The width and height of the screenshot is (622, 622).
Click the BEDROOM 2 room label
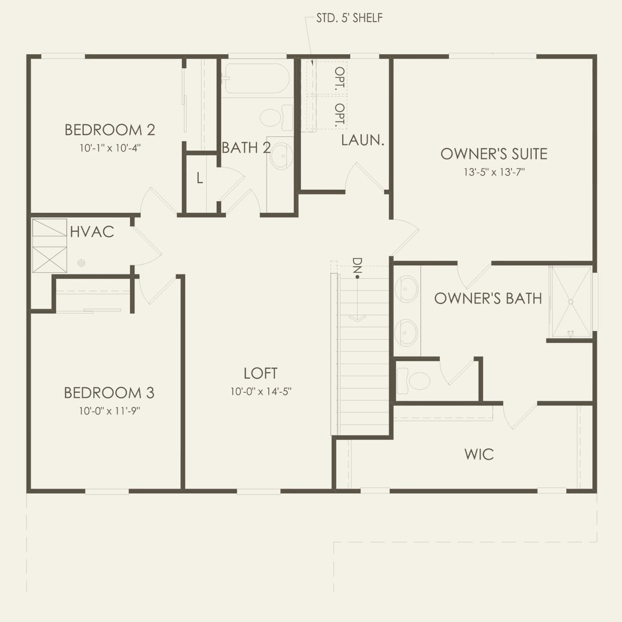pyautogui.click(x=109, y=130)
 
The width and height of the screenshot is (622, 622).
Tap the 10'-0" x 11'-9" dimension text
pyautogui.click(x=109, y=411)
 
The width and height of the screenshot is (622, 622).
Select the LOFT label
pyautogui.click(x=260, y=373)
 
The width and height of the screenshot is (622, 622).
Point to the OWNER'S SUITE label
pyautogui.click(x=494, y=154)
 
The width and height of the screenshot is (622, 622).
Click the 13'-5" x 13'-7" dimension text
pyautogui.click(x=494, y=172)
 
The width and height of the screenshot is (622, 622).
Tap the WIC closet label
pyautogui.click(x=479, y=454)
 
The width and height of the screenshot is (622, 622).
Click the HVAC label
pyautogui.click(x=92, y=232)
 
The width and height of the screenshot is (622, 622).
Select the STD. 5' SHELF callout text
pyautogui.click(x=349, y=18)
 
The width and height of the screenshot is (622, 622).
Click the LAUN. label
pyautogui.click(x=362, y=140)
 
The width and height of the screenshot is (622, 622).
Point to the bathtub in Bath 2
pyautogui.click(x=256, y=78)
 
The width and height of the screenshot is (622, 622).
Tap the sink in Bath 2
pyautogui.click(x=281, y=155)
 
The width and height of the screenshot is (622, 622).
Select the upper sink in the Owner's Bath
pyautogui.click(x=406, y=289)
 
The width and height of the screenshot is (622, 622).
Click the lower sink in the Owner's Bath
pyautogui.click(x=406, y=333)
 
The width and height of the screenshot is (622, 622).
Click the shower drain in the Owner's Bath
pyautogui.click(x=570, y=301)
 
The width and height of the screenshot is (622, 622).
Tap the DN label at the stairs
pyautogui.click(x=357, y=268)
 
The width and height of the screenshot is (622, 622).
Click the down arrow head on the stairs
pyautogui.click(x=357, y=318)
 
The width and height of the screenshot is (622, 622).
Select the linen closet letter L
pyautogui.click(x=200, y=178)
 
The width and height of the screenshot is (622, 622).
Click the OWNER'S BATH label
pyautogui.click(x=488, y=298)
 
